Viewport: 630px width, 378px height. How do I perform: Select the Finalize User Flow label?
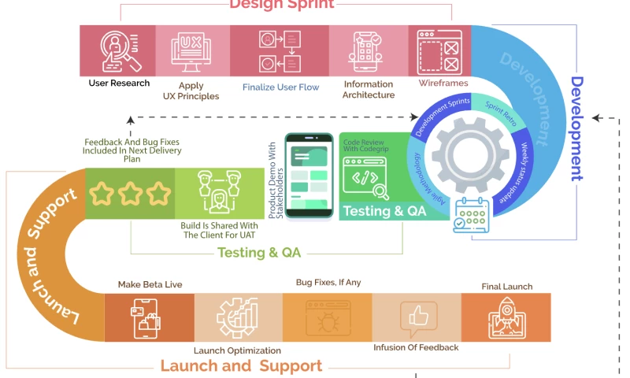[280, 87]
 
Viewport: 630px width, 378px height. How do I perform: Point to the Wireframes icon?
[439, 50]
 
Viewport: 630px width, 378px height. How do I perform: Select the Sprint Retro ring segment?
[501, 114]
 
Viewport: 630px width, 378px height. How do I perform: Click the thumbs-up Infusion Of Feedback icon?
[417, 317]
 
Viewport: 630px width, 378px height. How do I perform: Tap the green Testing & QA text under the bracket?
[259, 253]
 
